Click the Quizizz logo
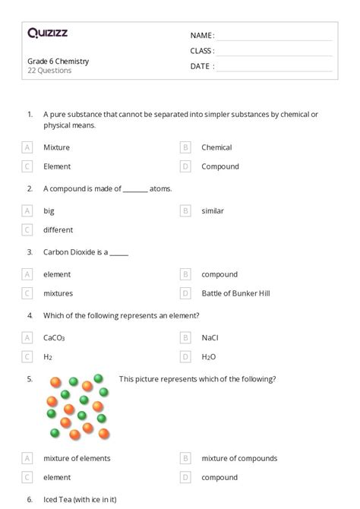coord(47,33)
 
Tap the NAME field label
coord(201,35)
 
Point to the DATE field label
coord(201,66)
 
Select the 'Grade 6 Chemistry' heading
coord(58,61)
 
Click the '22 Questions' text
coord(49,71)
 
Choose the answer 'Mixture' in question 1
coord(56,147)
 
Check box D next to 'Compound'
coord(185,166)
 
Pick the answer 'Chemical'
coord(216,147)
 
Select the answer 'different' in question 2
coord(58,229)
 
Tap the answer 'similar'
coord(213,210)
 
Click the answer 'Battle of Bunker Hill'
coord(235,293)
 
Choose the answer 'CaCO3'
coord(54,337)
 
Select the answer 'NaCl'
coord(210,337)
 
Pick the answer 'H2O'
coord(209,356)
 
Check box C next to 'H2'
coord(27,356)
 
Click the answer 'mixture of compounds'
coord(239,458)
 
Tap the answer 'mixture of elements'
coord(77,458)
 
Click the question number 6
coord(29,499)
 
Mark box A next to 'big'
coord(27,210)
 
